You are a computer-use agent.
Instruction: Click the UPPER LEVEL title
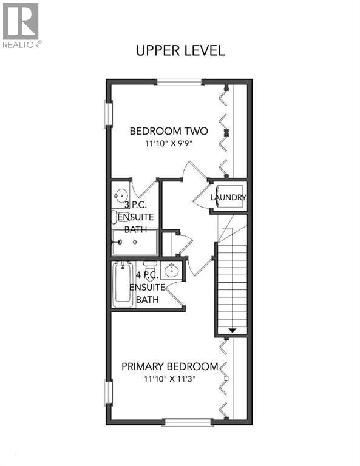(180, 50)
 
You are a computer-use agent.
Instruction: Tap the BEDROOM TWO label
(169, 130)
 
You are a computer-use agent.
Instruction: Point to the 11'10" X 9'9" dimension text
(169, 144)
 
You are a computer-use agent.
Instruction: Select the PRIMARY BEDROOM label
(169, 366)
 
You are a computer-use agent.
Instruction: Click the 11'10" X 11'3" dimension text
(169, 379)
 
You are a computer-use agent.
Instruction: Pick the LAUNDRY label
(228, 198)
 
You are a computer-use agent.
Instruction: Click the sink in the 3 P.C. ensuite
(120, 195)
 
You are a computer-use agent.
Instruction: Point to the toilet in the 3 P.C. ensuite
(118, 217)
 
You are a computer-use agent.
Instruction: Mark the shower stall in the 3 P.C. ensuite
(134, 242)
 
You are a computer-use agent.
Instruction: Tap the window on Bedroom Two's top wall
(179, 81)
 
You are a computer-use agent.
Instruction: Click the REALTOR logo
(21, 25)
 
